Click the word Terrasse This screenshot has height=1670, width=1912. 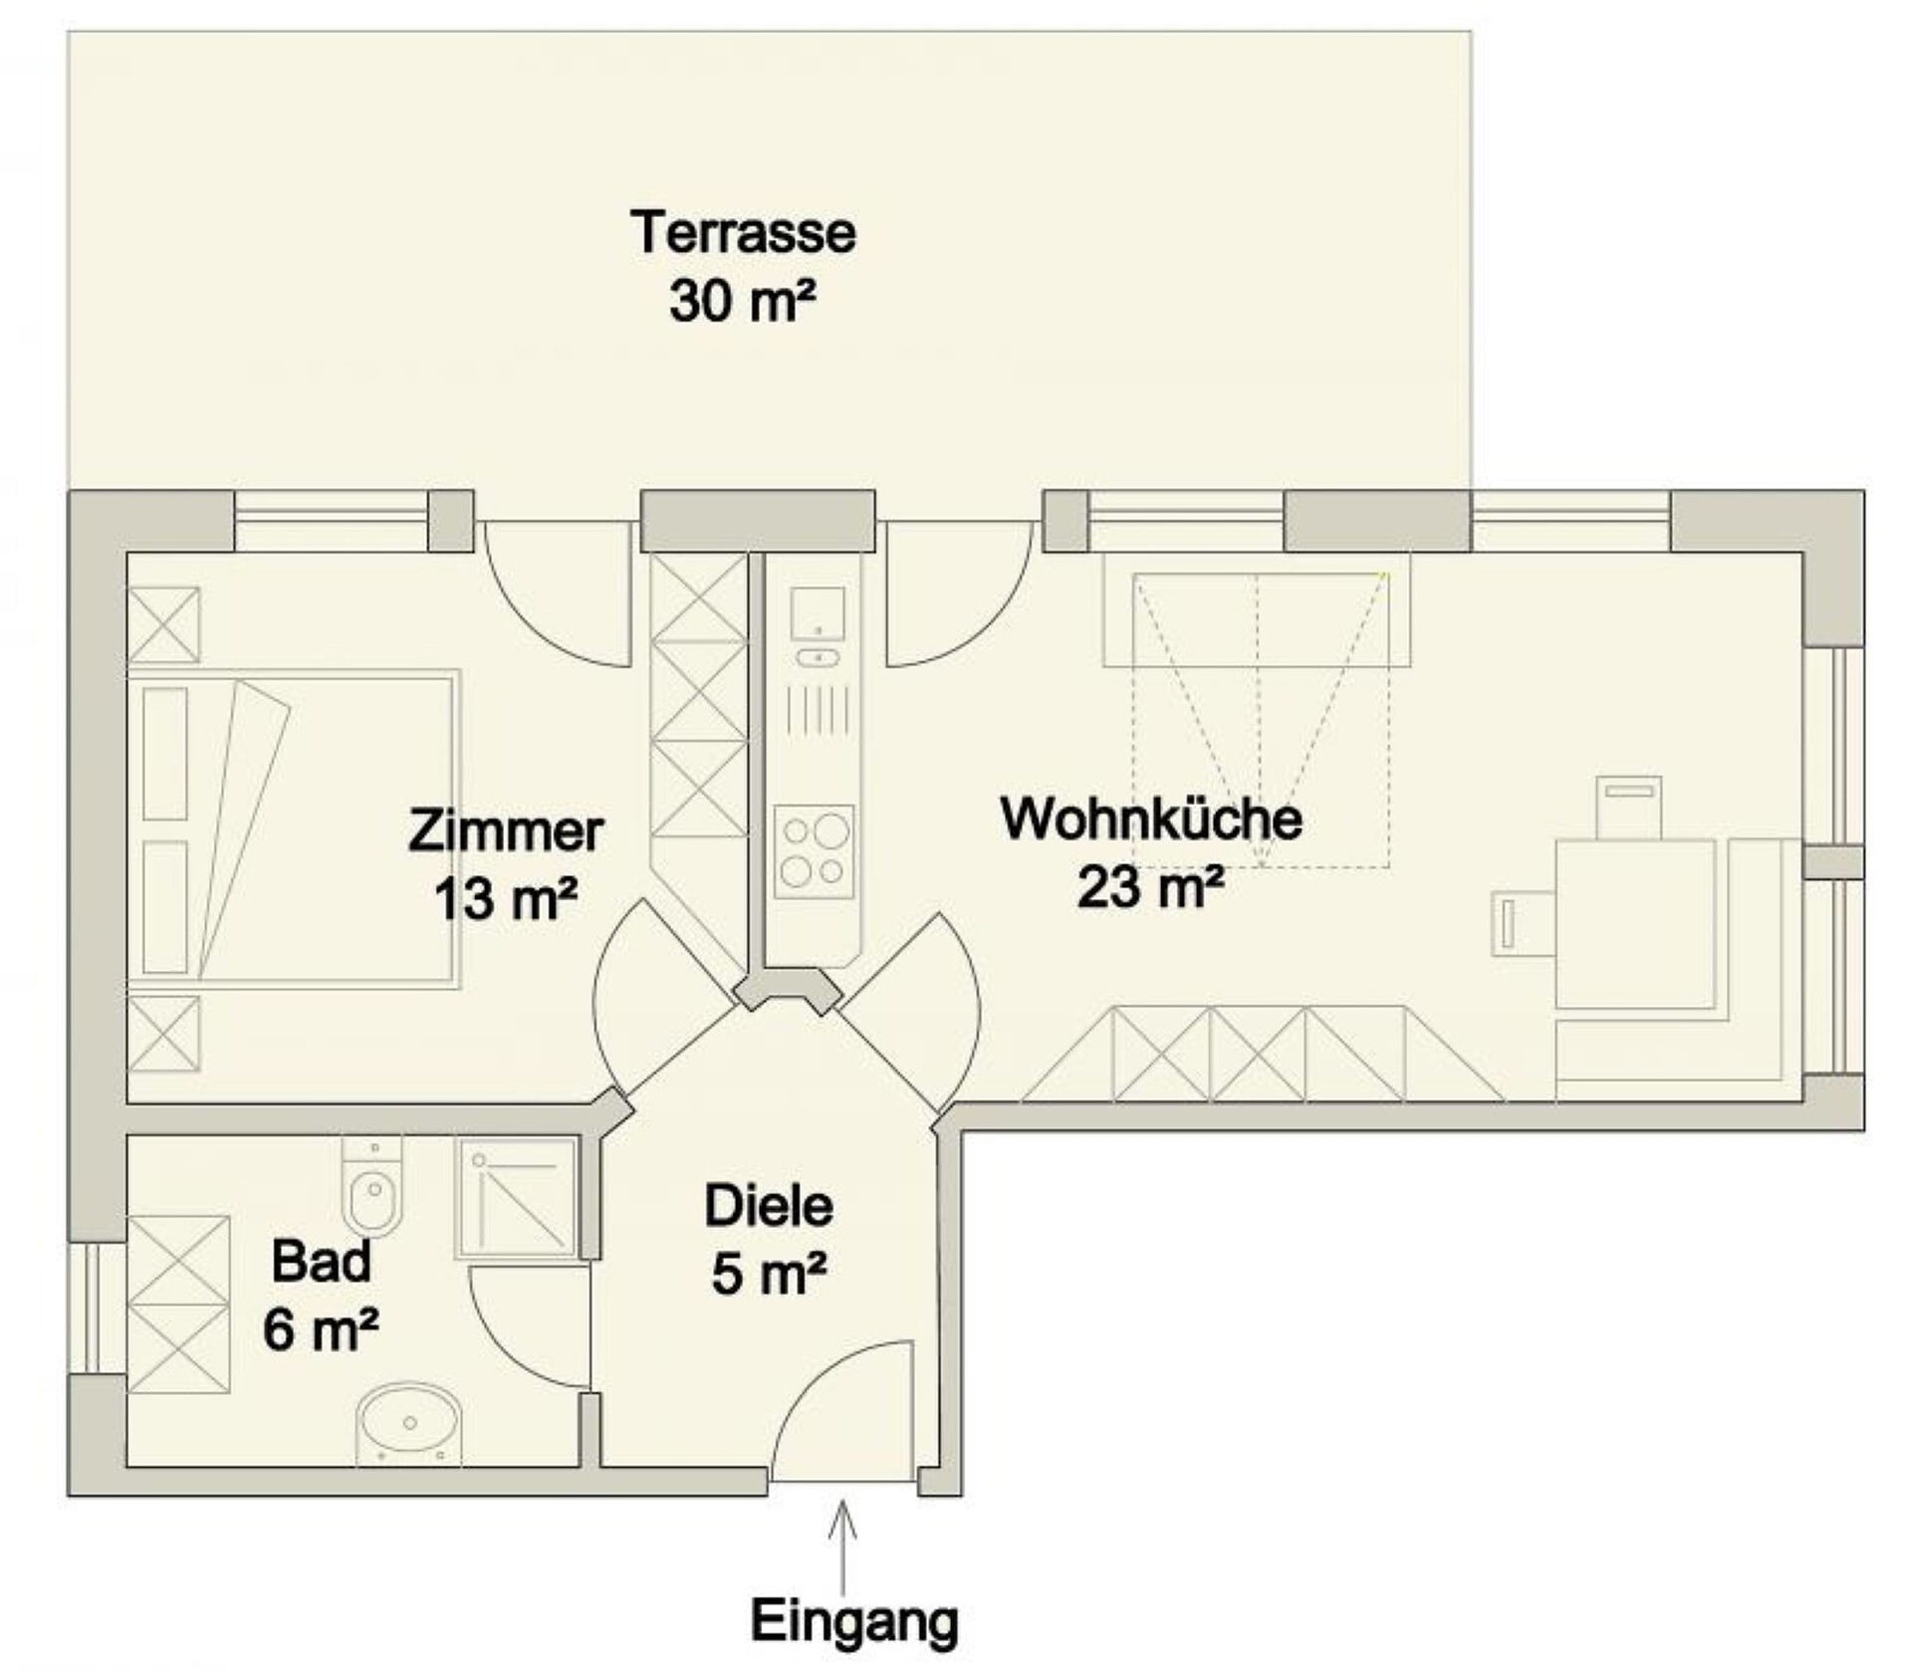coord(743,232)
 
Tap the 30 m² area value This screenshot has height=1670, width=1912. coord(743,300)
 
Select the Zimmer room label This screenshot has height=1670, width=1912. coord(506,832)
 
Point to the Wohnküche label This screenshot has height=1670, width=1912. coord(1151,819)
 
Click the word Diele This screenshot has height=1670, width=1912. coord(769,1206)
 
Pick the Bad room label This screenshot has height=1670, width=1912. coord(321,1261)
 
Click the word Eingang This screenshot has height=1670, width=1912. coord(854,1620)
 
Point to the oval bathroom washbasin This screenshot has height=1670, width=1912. coord(409,1423)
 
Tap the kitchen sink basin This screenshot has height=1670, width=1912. coord(818,613)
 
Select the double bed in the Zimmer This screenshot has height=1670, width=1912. coord(294,829)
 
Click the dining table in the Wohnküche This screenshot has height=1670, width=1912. coord(1635,923)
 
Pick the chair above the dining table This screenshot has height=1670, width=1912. coord(1629,808)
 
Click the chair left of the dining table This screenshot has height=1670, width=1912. coord(1524,923)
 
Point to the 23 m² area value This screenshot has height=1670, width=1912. coord(1151,886)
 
